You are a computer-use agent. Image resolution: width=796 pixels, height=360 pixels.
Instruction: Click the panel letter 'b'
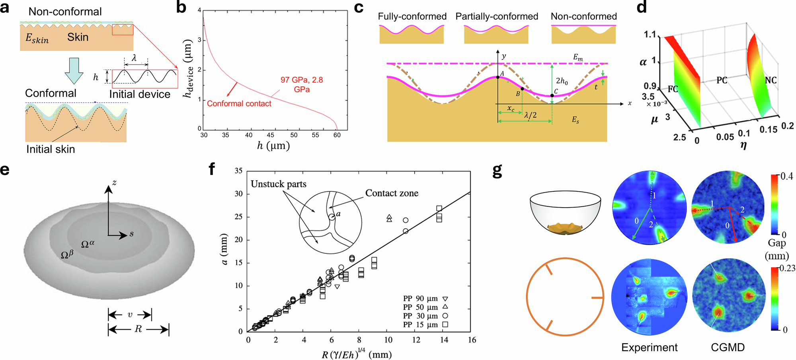click(x=181, y=8)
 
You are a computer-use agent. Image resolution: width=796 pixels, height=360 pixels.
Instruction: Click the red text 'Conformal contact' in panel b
click(x=239, y=103)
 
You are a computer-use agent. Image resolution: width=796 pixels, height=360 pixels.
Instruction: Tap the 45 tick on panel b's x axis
click(x=271, y=135)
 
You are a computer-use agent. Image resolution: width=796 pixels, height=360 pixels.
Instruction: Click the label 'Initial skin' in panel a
click(x=51, y=149)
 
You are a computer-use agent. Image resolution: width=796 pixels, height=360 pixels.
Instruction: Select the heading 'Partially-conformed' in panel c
click(x=497, y=16)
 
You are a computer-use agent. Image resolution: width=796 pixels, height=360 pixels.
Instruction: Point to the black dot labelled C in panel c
click(x=552, y=95)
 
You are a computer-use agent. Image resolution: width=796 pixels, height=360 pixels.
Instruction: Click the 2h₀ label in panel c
click(x=562, y=81)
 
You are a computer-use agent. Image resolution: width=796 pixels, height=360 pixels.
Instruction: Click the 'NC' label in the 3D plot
click(x=771, y=80)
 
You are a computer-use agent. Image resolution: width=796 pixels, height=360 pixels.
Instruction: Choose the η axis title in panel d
click(x=743, y=146)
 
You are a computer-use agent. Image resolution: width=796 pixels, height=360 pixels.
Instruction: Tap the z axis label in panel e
click(x=114, y=183)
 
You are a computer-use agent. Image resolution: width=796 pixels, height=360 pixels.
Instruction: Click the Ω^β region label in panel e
click(x=67, y=254)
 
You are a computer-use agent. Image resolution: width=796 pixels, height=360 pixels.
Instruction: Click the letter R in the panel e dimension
click(x=138, y=329)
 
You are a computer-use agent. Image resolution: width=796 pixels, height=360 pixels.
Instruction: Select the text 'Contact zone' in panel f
click(x=392, y=193)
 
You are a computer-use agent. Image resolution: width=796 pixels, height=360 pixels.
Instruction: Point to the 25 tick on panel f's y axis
click(x=238, y=217)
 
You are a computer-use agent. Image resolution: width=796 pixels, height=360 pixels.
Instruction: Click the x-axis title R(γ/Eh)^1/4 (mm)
click(x=356, y=354)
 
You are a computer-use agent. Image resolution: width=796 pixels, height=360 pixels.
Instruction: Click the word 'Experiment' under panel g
click(x=649, y=348)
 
